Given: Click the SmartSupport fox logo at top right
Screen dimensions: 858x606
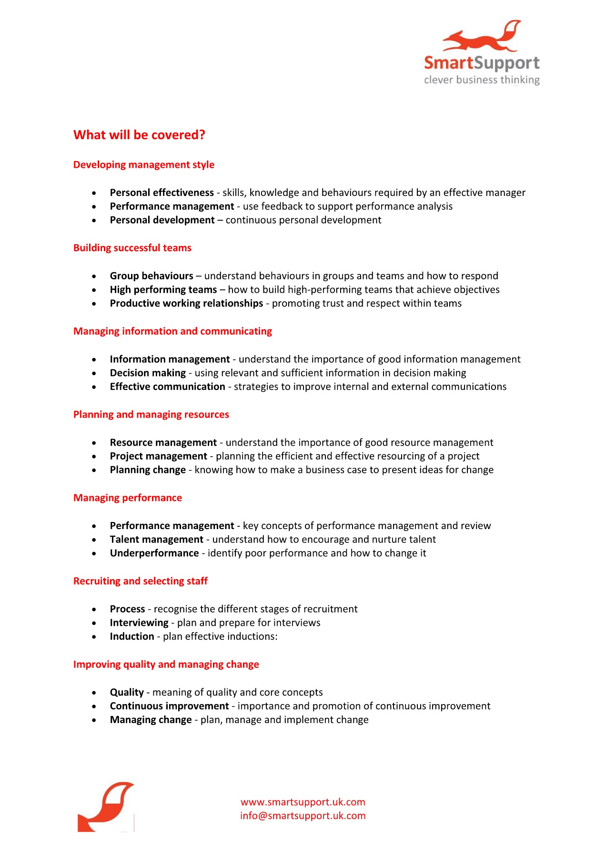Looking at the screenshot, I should pos(482,52).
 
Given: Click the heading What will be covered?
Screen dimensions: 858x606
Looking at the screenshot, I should pos(139,135).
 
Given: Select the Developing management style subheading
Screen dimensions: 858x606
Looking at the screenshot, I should pos(144,165).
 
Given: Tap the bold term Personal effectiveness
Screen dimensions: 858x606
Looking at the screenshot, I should pos(162,193).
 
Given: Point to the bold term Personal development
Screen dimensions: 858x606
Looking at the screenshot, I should pos(162,220).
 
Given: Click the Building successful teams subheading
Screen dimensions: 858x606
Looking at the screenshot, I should pos(132,248).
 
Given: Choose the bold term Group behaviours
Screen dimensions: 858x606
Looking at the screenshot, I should pos(151,276).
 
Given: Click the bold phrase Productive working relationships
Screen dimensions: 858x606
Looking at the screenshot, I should pos(186,304).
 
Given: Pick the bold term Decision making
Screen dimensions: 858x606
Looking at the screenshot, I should pos(148,373).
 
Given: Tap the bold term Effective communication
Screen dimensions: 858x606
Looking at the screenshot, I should pos(167,387).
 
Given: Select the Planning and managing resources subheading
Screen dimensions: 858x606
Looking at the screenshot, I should pos(151,415).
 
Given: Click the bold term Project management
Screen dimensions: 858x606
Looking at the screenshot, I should pos(158,456).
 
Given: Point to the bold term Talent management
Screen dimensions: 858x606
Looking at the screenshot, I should pos(156,540).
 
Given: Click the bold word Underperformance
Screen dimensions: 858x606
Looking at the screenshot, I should pos(154,553).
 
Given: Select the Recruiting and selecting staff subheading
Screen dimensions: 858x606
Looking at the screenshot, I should pos(141,581).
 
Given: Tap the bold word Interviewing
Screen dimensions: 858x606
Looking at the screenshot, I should pos(139,623).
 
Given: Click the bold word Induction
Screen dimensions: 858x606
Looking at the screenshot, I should pos(132,637).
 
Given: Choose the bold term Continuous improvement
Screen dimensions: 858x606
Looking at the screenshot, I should pos(169,706).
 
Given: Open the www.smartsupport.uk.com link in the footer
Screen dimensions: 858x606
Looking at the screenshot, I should pos(303,802).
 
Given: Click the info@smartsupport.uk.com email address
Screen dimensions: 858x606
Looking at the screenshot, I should pos(303,816).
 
